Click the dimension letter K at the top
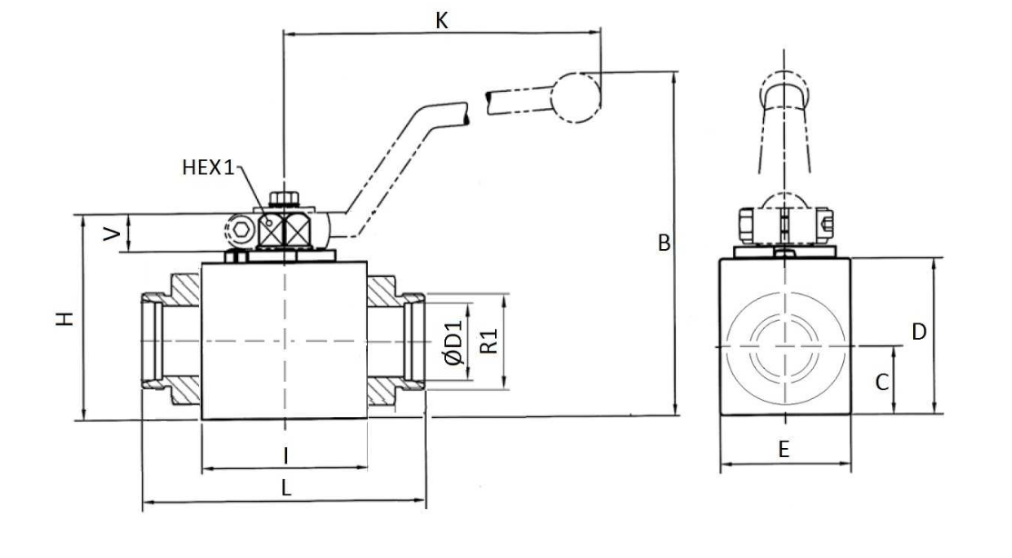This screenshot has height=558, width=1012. (x=442, y=21)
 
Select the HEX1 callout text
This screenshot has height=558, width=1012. (x=208, y=168)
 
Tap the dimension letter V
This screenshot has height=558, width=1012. (x=113, y=234)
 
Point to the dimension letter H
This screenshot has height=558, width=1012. (x=65, y=318)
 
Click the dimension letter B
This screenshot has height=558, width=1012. (x=663, y=244)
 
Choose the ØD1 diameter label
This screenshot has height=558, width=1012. (x=454, y=343)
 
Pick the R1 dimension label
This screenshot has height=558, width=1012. (x=490, y=342)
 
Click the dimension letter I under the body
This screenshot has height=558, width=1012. (x=286, y=455)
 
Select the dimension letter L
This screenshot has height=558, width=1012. (x=286, y=488)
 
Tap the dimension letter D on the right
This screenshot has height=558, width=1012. (x=918, y=332)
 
